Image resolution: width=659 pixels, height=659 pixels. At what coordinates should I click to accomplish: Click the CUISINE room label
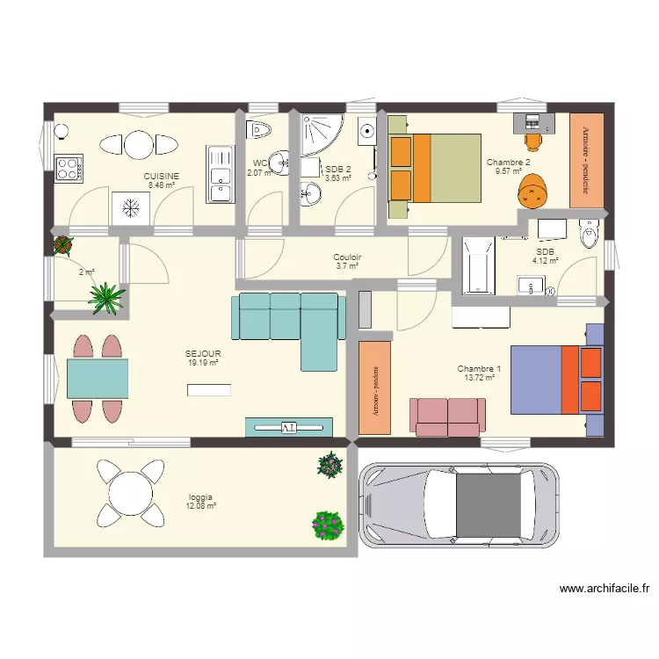coord(162,176)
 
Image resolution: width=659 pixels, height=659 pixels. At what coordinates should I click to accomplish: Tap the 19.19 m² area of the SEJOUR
coord(203,362)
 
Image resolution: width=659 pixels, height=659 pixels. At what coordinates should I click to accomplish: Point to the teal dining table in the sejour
coord(97,379)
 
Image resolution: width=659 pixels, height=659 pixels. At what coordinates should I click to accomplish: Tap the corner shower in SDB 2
coord(315,135)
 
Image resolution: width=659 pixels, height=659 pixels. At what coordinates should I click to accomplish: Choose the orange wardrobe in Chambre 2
coord(587,160)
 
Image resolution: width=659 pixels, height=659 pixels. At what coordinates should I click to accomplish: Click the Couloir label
coord(347,257)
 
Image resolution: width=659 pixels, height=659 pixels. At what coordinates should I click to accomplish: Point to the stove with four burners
coord(69,167)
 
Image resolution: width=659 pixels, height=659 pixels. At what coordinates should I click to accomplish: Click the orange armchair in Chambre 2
coord(533,189)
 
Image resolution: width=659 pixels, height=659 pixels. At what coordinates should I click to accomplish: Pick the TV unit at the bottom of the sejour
coord(289,427)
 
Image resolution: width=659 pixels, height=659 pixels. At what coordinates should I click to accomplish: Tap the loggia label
coord(200,496)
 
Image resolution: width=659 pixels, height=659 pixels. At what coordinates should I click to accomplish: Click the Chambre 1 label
coord(480,368)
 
